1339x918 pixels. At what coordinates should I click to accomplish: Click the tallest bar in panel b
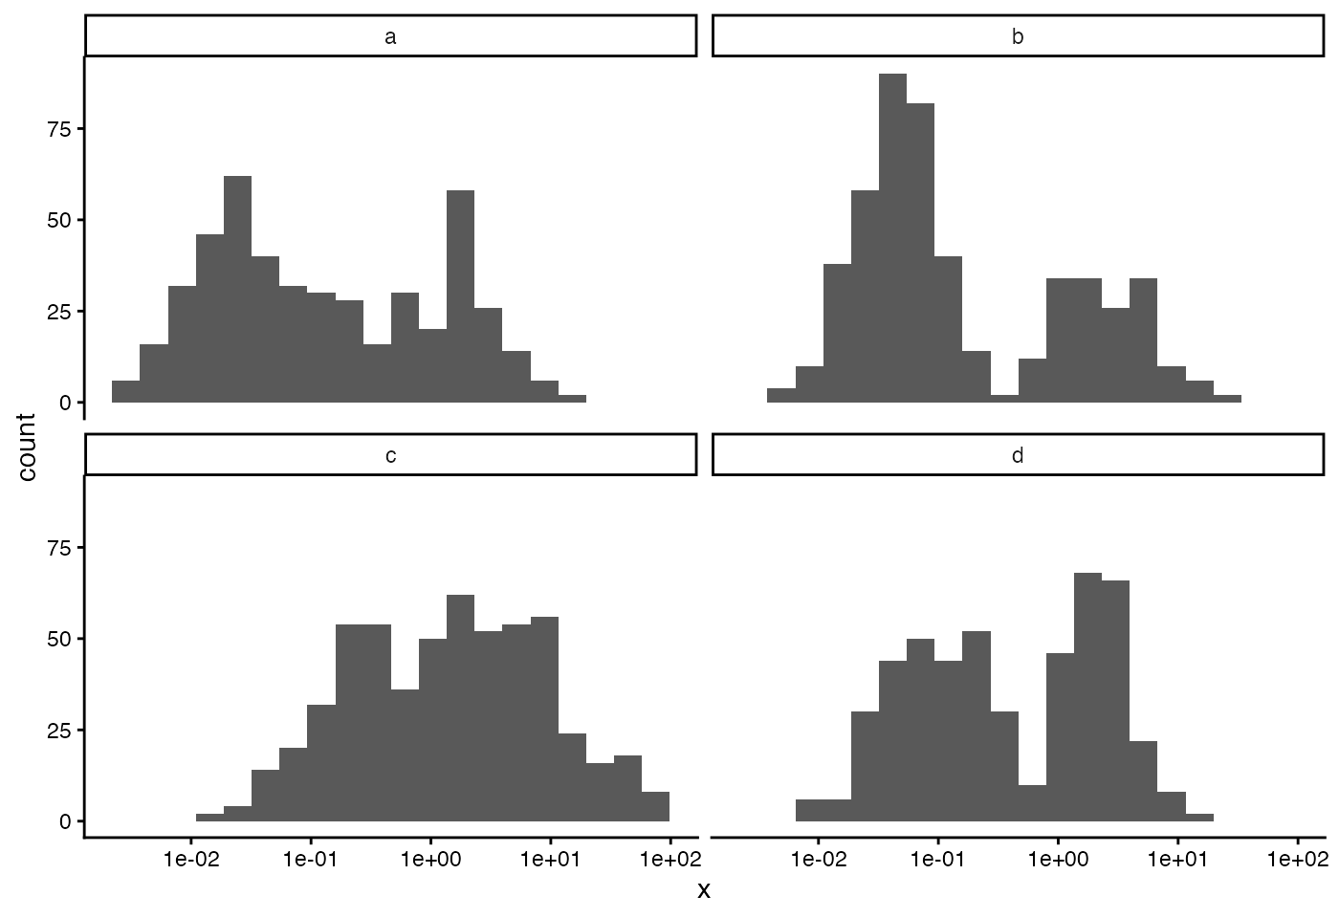coord(892,238)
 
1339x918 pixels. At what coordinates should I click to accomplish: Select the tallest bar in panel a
coord(237,289)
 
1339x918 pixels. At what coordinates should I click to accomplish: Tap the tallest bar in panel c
coord(460,709)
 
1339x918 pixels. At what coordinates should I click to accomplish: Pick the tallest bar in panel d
coord(1088,697)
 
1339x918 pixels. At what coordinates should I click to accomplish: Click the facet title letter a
coord(390,37)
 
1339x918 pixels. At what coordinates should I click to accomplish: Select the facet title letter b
coord(1018,36)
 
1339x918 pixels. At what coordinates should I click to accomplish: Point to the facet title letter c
coord(390,456)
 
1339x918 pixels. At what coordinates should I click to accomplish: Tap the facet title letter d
coord(1018,455)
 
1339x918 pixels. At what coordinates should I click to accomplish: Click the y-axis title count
coord(27,447)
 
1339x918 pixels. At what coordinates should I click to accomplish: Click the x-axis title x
coord(704,891)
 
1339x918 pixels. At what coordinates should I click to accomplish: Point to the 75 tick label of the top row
coord(59,129)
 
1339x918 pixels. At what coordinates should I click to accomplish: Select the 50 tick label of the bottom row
coord(59,639)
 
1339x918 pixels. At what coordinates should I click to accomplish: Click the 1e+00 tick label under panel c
coord(430,860)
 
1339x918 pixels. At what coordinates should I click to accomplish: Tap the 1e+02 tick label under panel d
coord(1297,860)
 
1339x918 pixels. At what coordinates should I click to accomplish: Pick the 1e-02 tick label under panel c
coord(191,860)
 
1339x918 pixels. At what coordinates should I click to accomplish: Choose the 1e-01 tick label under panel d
coord(938,860)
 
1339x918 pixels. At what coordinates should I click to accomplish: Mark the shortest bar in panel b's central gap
coord(1004,399)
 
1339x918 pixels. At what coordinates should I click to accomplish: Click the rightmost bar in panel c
coord(656,807)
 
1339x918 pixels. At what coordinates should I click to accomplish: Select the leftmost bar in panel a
coord(125,391)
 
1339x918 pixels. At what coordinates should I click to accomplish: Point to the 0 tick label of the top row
coord(65,403)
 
